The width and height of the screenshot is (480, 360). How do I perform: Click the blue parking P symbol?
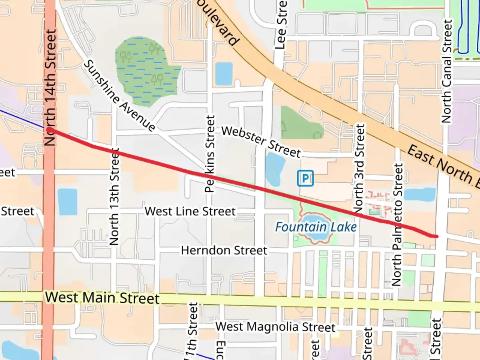tap(305, 178)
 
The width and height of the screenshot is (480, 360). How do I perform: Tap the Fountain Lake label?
tap(316, 227)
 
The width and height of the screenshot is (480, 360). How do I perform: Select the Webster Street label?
tap(261, 141)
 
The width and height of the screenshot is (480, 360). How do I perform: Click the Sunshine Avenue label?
tap(119, 95)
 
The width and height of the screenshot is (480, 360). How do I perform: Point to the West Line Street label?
tap(190, 211)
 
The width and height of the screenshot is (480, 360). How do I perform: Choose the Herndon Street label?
tap(224, 250)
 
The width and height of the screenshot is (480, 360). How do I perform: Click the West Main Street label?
tap(102, 297)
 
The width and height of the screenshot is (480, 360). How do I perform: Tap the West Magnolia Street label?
tap(275, 327)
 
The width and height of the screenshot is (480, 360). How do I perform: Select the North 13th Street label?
tap(114, 197)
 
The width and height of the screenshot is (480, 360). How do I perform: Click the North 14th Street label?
tap(50, 87)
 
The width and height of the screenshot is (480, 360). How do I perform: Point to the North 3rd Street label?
tap(359, 168)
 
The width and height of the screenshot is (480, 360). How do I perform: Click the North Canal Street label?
tap(447, 71)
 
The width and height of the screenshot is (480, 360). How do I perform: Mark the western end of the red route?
tap(49, 129)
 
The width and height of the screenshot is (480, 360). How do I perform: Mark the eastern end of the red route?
tap(436, 236)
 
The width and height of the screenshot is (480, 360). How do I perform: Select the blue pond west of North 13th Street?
tap(67, 202)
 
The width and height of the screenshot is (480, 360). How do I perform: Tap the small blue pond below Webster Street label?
tap(275, 170)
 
